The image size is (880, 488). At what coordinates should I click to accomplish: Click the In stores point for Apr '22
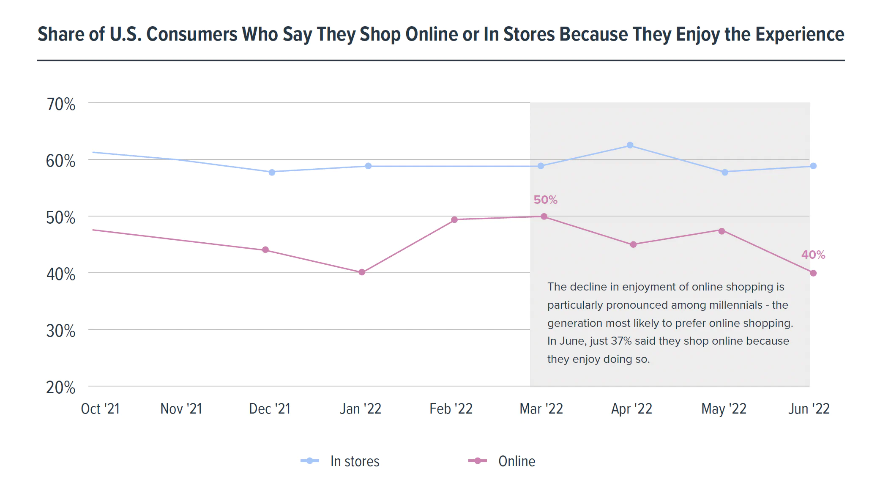coord(630,145)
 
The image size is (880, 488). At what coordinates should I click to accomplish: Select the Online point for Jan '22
coord(362,272)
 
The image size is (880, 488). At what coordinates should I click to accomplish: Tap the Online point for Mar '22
coord(544,217)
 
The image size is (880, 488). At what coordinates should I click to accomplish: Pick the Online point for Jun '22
coord(813,273)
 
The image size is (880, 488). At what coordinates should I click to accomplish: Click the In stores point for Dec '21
coord(272,172)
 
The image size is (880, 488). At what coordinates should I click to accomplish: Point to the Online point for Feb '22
coord(454,220)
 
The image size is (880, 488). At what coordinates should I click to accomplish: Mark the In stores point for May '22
coord(725,172)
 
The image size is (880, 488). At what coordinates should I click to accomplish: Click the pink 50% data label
coord(545,200)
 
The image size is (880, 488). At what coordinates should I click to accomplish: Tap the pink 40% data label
coord(813,255)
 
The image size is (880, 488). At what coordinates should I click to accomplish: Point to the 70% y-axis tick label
coord(61,104)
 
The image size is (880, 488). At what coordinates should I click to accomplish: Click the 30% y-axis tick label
coord(61,331)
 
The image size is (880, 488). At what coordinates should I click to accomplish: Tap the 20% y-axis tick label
coord(61,388)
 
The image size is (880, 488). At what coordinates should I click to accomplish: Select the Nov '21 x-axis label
coord(181,409)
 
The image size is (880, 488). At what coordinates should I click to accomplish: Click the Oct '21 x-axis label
coord(101,409)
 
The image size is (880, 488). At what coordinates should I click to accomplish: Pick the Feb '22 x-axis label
coord(451,409)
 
